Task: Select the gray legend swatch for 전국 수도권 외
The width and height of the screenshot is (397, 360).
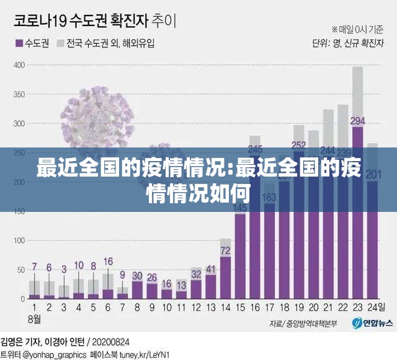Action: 60,44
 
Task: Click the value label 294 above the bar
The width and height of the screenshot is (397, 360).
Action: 357,121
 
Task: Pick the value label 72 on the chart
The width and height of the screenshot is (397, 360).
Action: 226,251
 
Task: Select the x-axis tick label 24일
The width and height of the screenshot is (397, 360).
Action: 374,307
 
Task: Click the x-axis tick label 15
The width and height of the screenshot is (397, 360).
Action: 240,307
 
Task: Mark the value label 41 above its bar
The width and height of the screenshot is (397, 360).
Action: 211,269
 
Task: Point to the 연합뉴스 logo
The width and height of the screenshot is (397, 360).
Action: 372,323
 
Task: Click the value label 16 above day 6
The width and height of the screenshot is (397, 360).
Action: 108,261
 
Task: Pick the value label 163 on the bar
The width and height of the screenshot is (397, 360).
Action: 270,197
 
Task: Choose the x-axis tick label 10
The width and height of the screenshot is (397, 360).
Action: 167,307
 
